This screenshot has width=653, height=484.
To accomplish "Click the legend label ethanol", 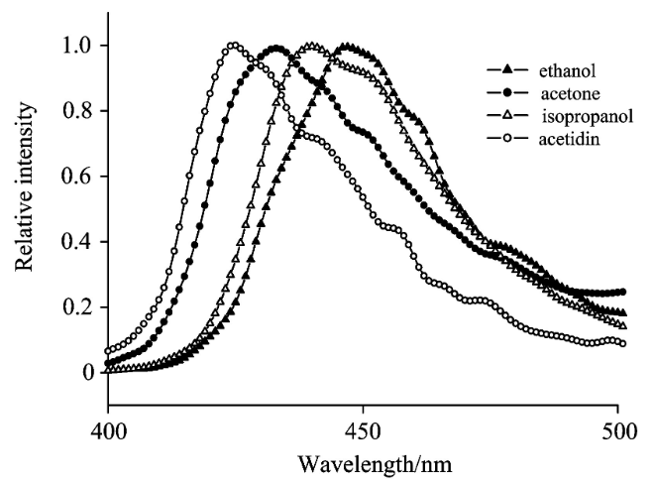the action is (x=567, y=70).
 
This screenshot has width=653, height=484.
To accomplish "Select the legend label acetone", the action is (x=571, y=93).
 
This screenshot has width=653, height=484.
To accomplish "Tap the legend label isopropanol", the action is (x=588, y=116).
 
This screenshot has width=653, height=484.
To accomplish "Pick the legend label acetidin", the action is (x=570, y=139).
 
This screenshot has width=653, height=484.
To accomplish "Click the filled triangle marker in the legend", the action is (x=506, y=69).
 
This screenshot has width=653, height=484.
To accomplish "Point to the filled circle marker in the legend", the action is (x=506, y=92).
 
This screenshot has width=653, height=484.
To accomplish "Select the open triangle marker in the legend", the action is (x=506, y=115).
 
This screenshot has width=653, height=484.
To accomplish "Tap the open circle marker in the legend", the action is (x=506, y=138).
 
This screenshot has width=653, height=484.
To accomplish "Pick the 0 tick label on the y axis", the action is (x=88, y=372).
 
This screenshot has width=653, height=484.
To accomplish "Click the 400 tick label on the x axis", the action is (x=109, y=431).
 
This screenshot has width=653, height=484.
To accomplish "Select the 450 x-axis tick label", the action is (x=363, y=431).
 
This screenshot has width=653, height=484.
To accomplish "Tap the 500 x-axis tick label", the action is (x=619, y=431).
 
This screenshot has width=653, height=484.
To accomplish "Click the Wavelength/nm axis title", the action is (x=375, y=464).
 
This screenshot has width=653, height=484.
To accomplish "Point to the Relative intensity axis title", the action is (x=24, y=187).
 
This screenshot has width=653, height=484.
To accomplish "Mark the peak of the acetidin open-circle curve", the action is (x=234, y=45).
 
